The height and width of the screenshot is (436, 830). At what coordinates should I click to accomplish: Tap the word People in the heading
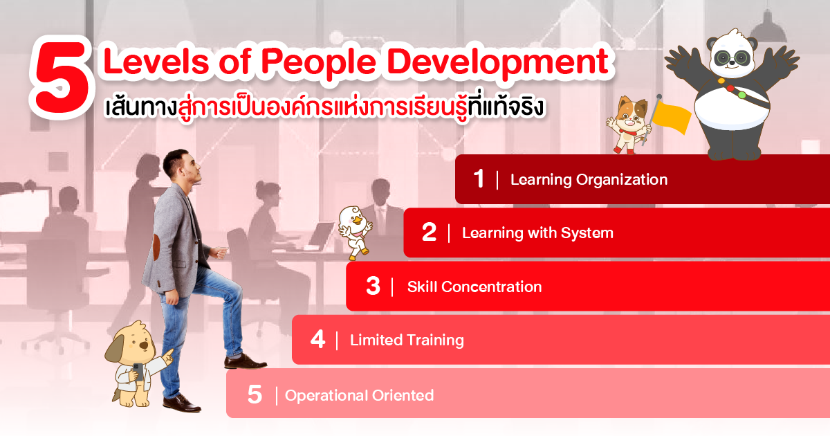[x=319, y=62]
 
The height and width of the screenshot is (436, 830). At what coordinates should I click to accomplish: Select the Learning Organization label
[x=589, y=180]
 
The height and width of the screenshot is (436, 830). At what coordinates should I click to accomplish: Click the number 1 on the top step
[x=479, y=179]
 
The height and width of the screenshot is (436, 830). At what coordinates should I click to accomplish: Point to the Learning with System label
[x=537, y=233]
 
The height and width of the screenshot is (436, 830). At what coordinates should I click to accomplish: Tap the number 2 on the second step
[x=429, y=233]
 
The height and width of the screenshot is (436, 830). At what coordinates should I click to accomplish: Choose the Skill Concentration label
[x=474, y=287]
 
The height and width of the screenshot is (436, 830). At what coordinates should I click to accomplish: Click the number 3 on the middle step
[x=373, y=286]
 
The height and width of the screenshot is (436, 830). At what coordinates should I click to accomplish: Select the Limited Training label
[x=407, y=340]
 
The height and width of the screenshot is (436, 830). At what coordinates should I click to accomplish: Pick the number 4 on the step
[x=318, y=339]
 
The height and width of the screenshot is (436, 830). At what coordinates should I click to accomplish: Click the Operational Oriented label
[x=359, y=396]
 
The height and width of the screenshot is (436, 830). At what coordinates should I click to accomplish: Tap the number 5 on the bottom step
[x=255, y=394]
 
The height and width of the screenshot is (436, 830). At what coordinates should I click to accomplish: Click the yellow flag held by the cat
[x=672, y=118]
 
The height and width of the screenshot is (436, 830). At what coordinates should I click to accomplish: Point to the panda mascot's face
[x=732, y=55]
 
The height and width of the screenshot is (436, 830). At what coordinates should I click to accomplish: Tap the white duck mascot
[x=355, y=233]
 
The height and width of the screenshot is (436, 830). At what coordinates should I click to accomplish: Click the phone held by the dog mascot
[x=138, y=372]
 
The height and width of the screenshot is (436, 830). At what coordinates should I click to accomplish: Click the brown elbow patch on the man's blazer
[x=156, y=246]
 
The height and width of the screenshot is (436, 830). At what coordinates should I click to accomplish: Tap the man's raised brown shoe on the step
[x=245, y=362]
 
